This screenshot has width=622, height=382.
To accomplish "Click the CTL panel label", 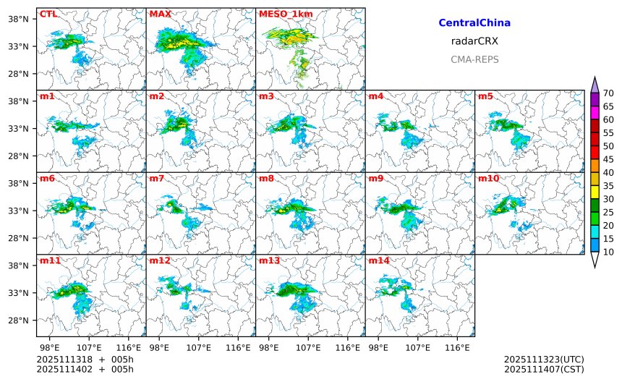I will (x=48, y=14).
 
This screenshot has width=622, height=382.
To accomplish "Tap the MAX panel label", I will (x=160, y=14).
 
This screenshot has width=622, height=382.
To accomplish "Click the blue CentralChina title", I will (x=474, y=23).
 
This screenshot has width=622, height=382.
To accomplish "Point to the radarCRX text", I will (x=474, y=41).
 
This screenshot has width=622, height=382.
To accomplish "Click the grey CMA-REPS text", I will (x=474, y=59).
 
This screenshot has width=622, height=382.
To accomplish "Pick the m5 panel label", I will (x=485, y=96).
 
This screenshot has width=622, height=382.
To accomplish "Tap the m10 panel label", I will (x=487, y=179).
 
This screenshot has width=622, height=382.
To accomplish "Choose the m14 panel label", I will (x=378, y=260).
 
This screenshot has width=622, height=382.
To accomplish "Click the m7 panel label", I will (x=155, y=179).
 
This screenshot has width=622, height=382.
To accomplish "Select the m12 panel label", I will (x=158, y=260).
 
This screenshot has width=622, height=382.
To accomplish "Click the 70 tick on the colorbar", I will (x=608, y=93).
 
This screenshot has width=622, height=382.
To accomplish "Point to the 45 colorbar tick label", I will (x=608, y=159).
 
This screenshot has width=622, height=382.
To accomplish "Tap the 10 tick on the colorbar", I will (x=608, y=252).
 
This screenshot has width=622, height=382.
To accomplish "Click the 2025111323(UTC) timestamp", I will (x=543, y=360).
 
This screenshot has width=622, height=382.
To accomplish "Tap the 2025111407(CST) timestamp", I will (x=543, y=369).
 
